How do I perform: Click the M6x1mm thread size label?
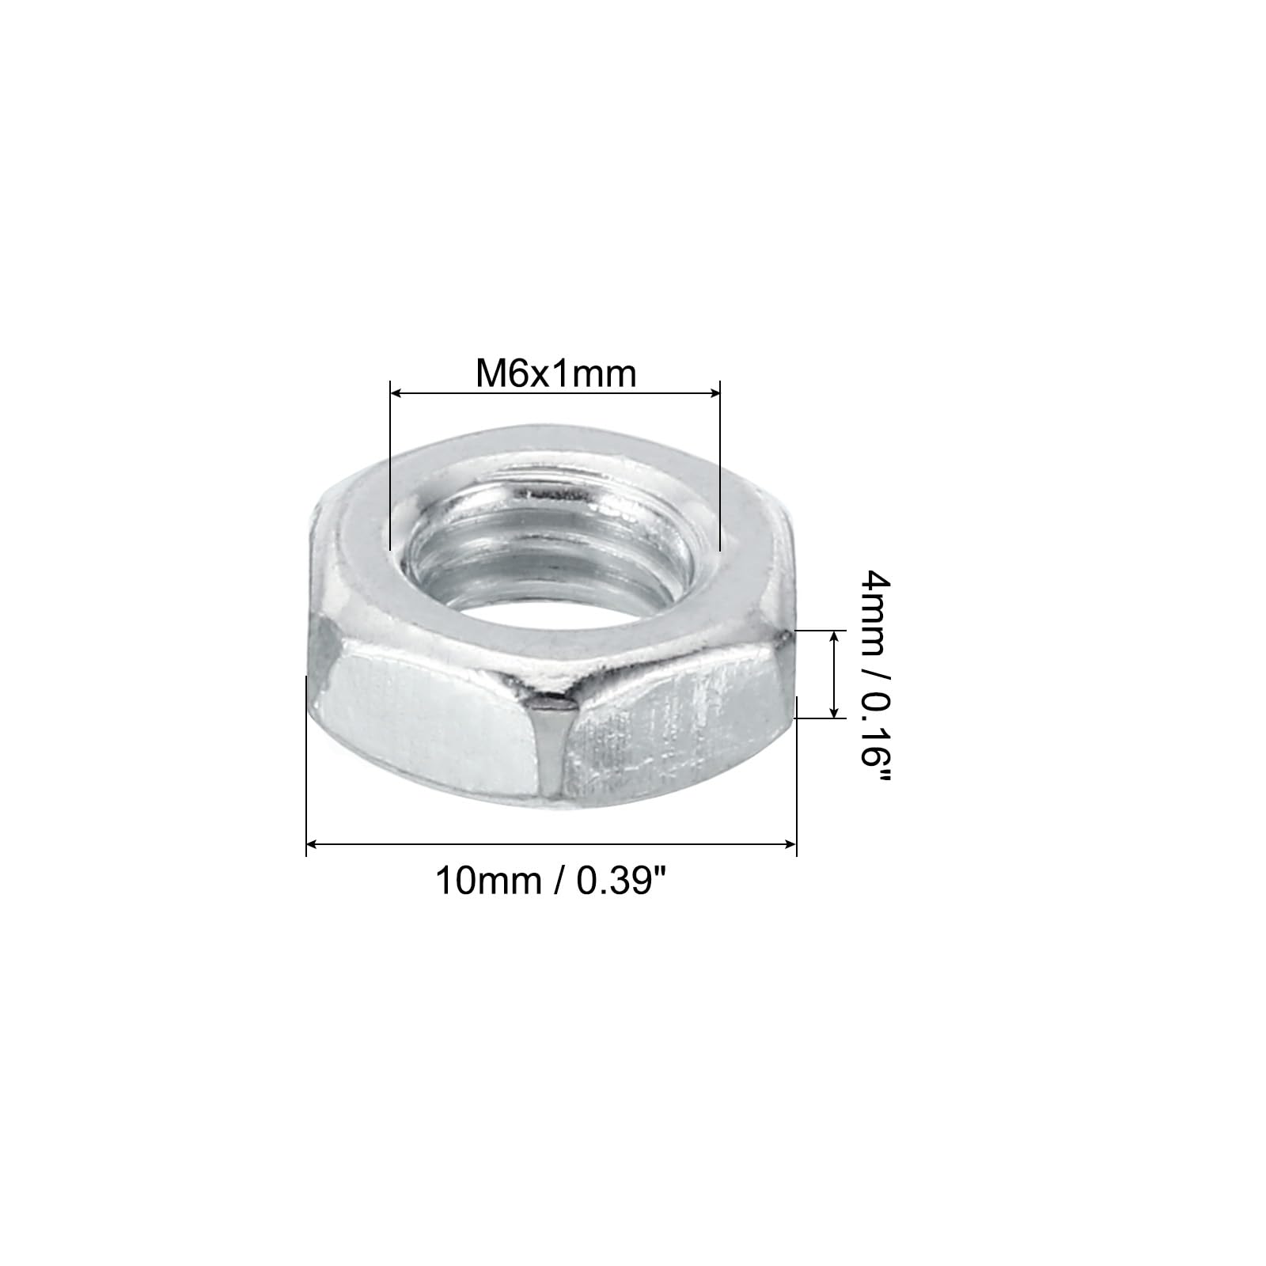tap(555, 373)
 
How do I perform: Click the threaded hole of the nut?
tap(554, 554)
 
